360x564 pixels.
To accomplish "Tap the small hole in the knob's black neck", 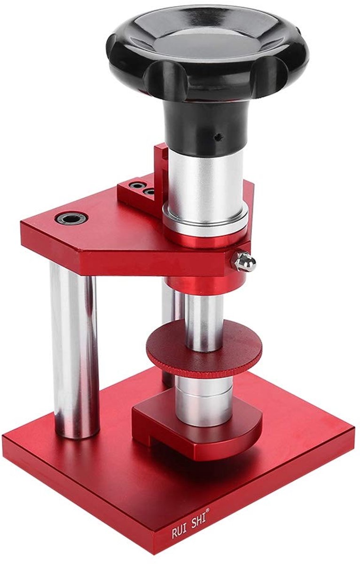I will (x=217, y=138).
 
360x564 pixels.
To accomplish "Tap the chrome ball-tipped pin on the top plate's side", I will (x=246, y=262).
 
